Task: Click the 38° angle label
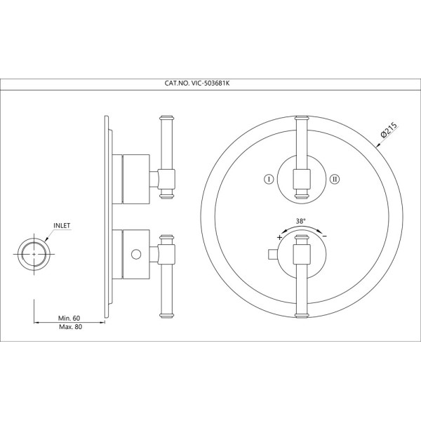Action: click(301, 221)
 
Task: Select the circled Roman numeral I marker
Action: click(268, 179)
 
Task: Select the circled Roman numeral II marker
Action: click(335, 179)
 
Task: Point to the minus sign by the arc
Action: click(324, 237)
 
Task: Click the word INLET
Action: click(61, 226)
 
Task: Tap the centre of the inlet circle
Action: click(34, 253)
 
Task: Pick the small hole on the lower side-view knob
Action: click(135, 253)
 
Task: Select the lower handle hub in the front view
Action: click(301, 253)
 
